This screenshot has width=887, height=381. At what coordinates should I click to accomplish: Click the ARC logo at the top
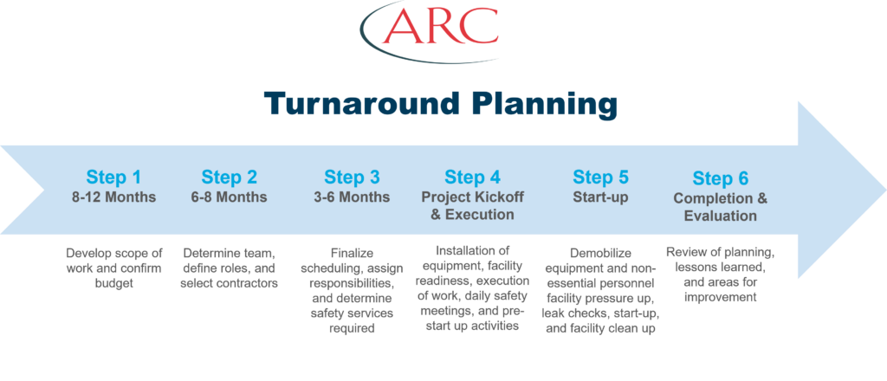430,32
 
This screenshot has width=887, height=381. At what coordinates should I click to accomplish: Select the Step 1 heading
113,178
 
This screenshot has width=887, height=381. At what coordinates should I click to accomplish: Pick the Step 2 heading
230,178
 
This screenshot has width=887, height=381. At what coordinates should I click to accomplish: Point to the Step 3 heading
352,178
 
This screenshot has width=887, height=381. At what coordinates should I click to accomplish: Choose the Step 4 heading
472,178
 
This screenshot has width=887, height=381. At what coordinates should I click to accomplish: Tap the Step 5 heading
600,178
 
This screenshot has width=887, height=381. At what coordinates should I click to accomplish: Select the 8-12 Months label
113,197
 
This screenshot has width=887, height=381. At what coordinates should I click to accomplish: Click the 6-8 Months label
230,197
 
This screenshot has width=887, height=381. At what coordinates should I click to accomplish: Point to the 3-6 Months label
352,197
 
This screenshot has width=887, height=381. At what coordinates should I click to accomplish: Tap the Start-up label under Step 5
600,197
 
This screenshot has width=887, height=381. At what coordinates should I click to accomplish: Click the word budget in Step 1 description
114,284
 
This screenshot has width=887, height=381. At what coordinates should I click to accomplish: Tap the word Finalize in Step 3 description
352,254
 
